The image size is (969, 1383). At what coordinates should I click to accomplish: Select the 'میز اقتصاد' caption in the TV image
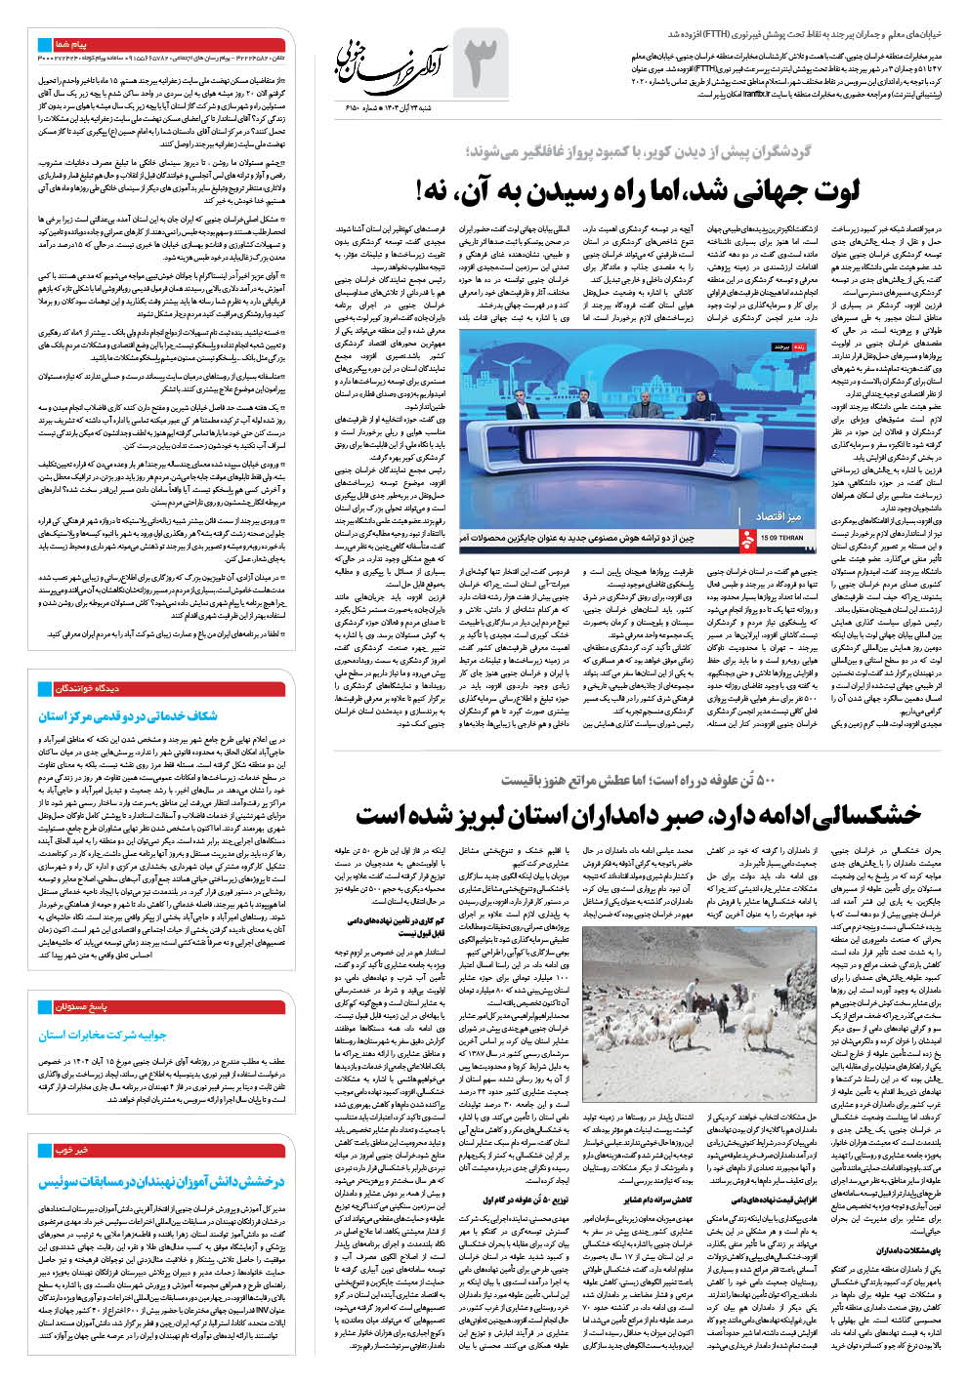[x=778, y=515]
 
